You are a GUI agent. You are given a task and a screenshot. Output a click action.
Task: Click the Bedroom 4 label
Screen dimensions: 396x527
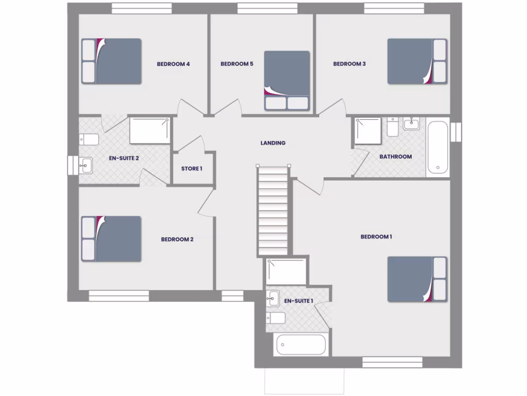[x=173, y=64]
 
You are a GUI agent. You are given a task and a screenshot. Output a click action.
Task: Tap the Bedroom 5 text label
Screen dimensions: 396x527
[x=237, y=64]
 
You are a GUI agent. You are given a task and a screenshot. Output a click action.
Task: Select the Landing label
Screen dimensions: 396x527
[x=273, y=143]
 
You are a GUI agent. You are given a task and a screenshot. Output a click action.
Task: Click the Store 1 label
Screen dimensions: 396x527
[x=191, y=169]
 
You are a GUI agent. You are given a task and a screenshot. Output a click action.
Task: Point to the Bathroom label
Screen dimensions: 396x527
[x=395, y=156]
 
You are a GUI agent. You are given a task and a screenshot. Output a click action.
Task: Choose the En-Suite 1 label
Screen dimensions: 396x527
[x=298, y=301]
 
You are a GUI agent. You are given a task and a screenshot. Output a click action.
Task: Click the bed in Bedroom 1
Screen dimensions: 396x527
[x=417, y=279]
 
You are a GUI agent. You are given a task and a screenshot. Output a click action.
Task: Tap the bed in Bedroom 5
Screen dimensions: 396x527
[x=287, y=80]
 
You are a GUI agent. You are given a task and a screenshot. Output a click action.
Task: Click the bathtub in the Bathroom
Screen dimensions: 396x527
[x=438, y=147]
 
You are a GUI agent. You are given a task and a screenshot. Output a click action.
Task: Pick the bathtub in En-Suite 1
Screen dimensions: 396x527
[x=301, y=344]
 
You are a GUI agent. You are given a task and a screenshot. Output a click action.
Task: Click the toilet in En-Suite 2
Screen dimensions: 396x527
[x=89, y=140]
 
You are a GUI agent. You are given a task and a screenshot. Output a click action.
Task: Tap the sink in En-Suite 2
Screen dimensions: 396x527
[x=85, y=166]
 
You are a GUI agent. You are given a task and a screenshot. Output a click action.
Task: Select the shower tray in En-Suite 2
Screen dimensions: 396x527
[x=149, y=130]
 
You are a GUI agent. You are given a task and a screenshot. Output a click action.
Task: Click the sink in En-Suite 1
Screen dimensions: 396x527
[x=273, y=299]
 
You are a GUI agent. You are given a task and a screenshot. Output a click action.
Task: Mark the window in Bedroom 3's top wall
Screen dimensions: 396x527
[x=394, y=8]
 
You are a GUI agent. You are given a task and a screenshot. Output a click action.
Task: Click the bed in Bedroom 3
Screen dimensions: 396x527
[x=417, y=61]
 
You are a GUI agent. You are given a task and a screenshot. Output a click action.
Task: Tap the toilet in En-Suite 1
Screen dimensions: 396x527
[x=276, y=318]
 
